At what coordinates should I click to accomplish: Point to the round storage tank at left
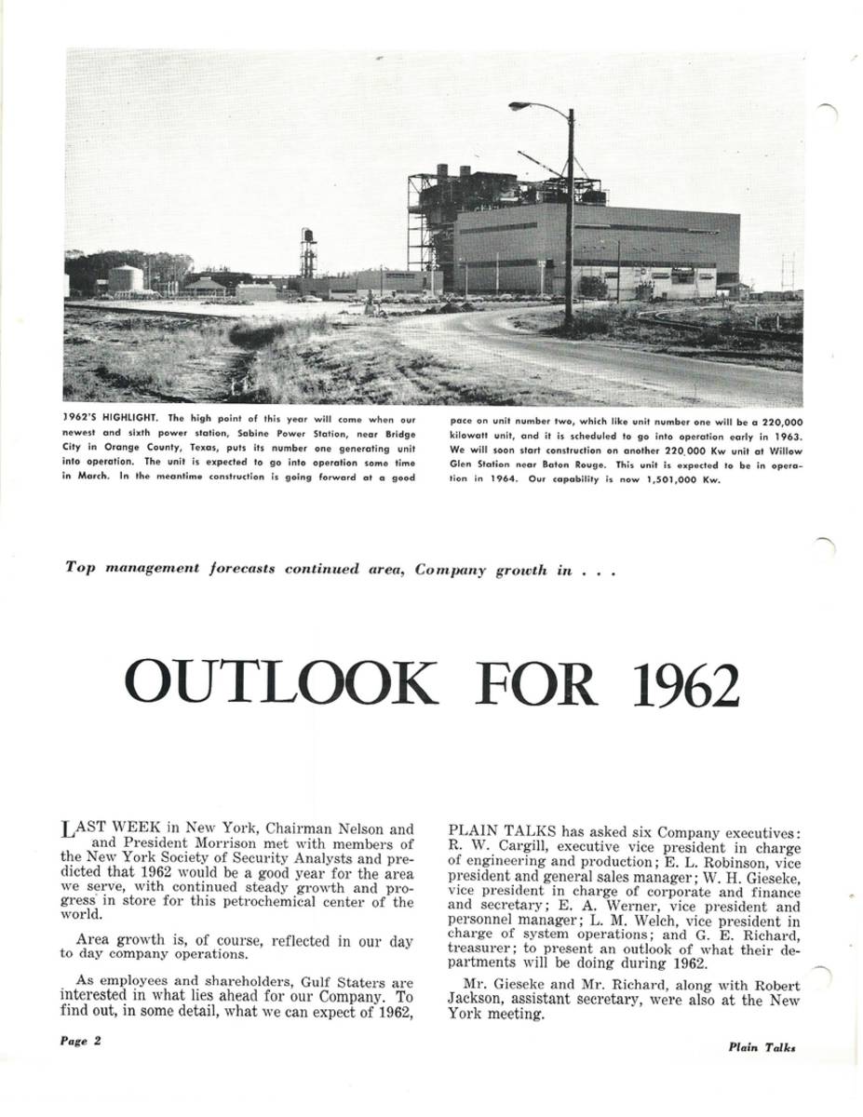click(126, 277)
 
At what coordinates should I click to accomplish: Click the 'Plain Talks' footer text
click(762, 1046)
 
